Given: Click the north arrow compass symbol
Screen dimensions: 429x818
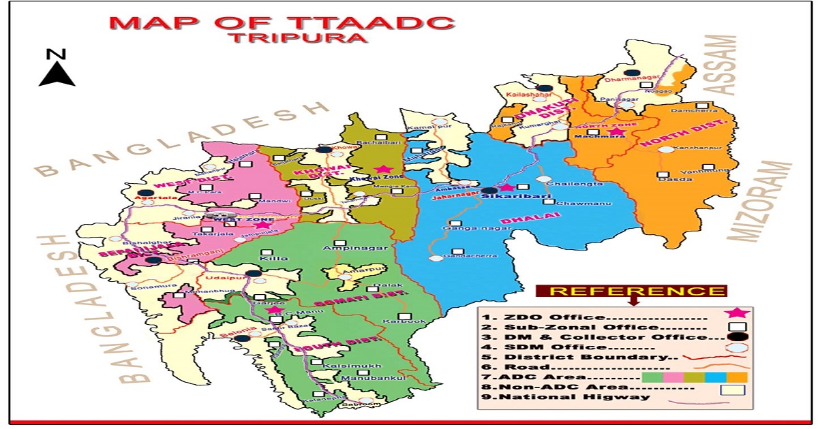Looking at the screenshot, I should click(x=57, y=68).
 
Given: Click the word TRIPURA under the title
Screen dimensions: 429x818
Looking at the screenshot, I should click(x=297, y=37).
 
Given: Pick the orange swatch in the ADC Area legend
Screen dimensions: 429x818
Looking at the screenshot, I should click(x=737, y=377).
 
